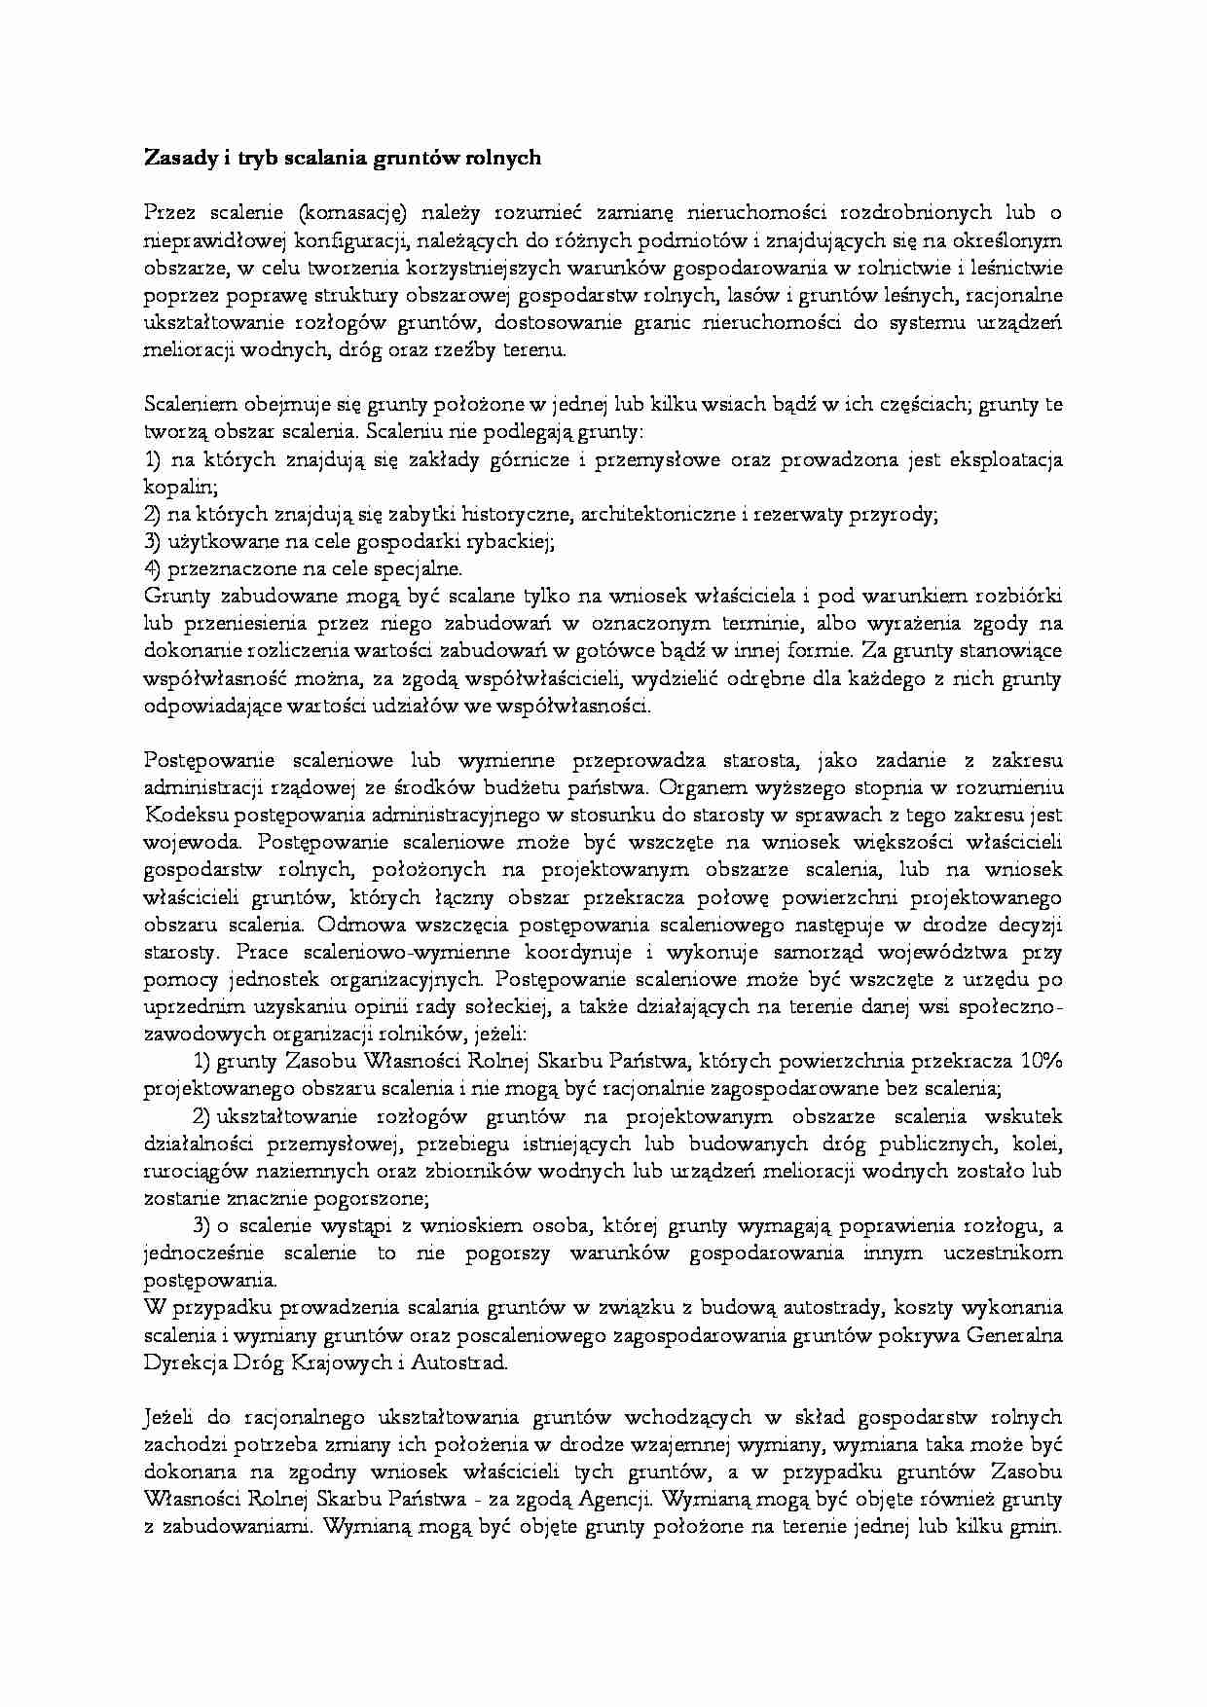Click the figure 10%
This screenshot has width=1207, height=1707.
pos(1041,1060)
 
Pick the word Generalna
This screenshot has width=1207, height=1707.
pos(1013,1334)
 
